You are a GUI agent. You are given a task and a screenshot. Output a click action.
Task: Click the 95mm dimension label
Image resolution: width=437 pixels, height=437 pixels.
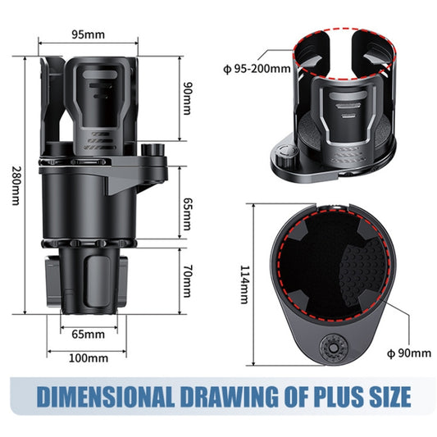tap(87, 35)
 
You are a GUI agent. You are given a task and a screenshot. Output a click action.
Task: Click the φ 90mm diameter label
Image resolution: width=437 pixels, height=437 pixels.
tap(407, 353)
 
